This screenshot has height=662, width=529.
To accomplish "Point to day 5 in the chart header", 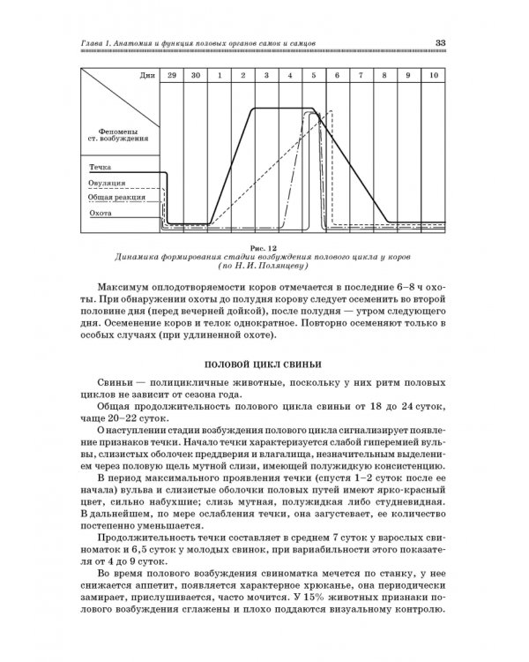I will [313, 77].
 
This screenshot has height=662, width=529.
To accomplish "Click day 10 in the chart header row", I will [432, 77].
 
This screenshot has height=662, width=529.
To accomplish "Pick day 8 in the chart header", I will [384, 77].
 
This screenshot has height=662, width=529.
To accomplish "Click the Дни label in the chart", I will [147, 77].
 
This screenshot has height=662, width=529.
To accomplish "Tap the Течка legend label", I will [100, 166].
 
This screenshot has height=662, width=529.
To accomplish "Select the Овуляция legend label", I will [107, 183].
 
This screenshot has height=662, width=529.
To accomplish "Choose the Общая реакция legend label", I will [114, 197].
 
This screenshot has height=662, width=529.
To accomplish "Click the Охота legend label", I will [100, 213].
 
